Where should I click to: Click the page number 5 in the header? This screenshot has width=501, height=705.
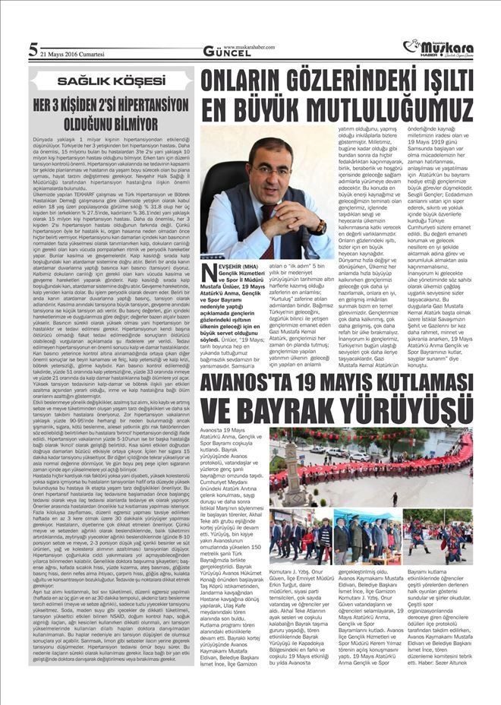pyautogui.click(x=33, y=50)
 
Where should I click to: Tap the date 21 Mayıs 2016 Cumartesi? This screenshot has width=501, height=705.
pyautogui.click(x=73, y=53)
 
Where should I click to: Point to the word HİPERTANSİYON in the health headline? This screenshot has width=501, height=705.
pyautogui.click(x=150, y=102)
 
